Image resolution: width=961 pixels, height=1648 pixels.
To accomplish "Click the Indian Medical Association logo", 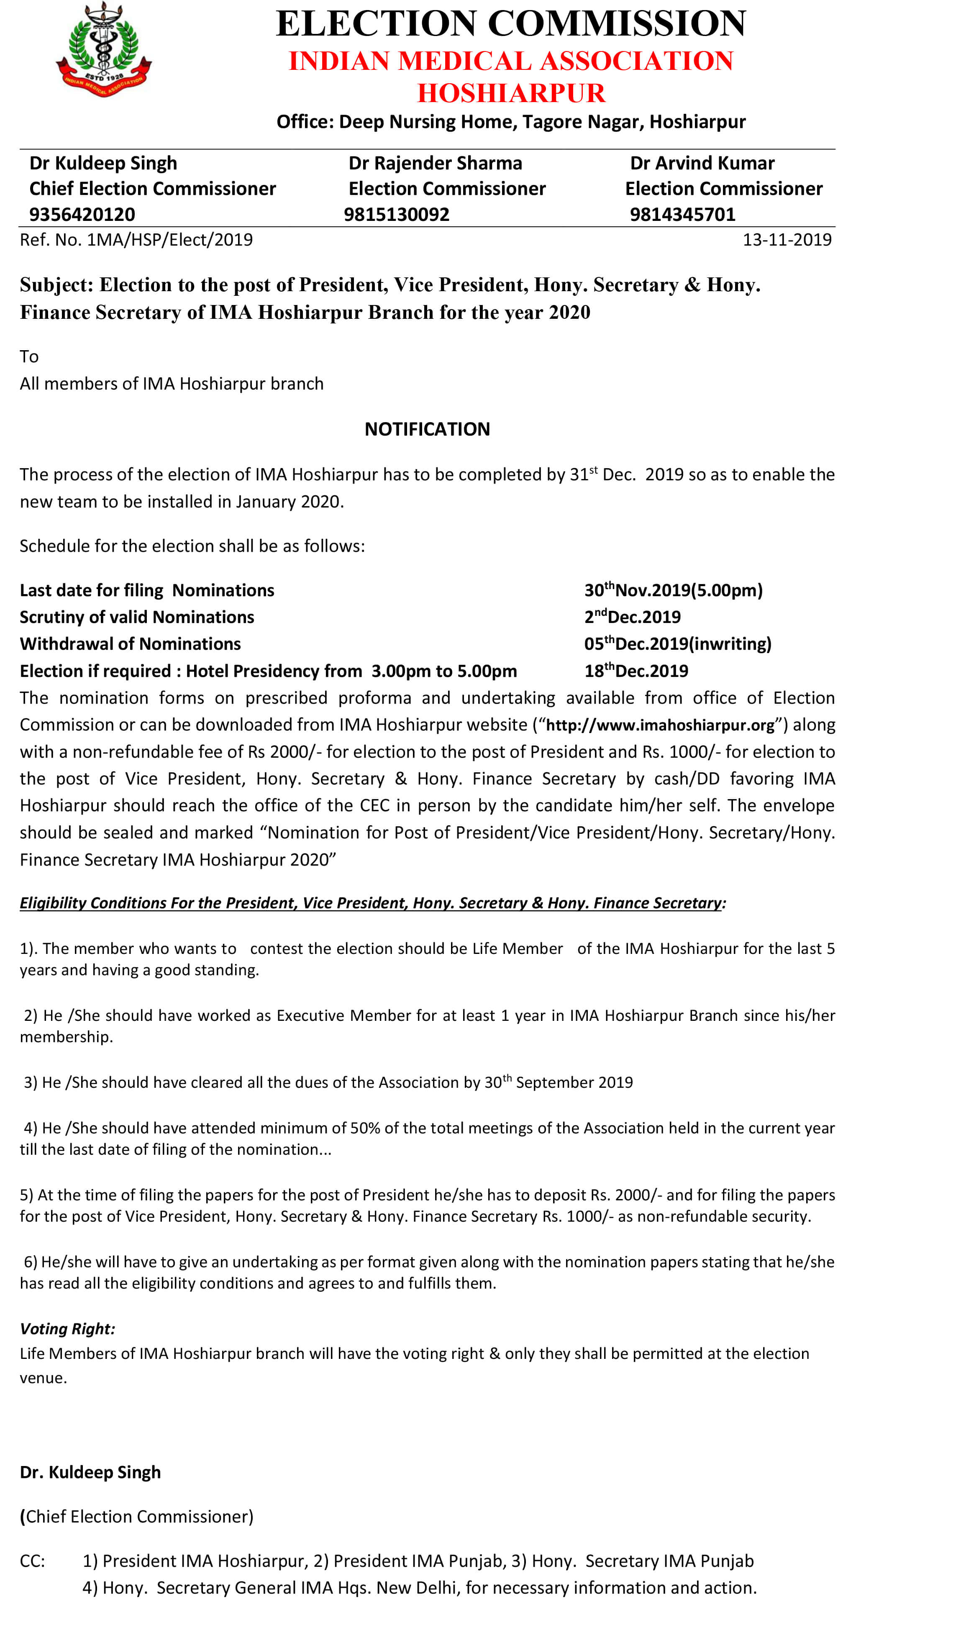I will click(103, 50).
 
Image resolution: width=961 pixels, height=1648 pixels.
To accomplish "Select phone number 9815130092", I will click(396, 215).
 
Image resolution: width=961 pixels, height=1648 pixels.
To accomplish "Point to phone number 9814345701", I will click(682, 215).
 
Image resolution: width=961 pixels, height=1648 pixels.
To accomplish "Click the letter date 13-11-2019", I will click(787, 240).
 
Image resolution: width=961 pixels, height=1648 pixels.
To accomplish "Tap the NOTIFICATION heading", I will click(427, 429).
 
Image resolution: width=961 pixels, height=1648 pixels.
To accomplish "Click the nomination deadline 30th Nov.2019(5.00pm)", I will click(673, 590).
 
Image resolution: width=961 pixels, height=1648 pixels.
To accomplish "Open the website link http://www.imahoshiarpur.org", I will click(660, 725).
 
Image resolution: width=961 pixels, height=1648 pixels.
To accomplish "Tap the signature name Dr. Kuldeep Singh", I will click(90, 1472).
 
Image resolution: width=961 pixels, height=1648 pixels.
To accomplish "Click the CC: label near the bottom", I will click(32, 1561).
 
